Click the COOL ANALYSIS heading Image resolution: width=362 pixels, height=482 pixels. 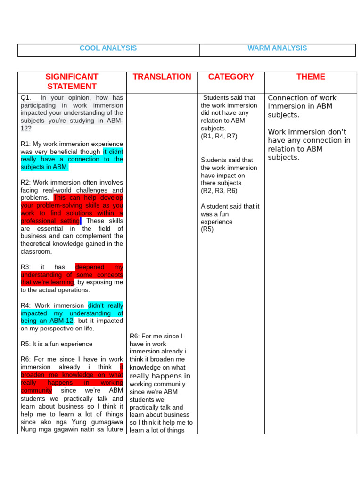tap(108, 48)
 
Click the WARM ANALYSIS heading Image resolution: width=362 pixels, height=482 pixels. tap(277, 48)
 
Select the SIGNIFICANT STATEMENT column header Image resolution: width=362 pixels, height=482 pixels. tap(72, 81)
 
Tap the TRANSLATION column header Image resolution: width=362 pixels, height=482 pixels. tap(162, 77)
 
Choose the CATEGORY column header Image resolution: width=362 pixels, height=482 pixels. tap(231, 77)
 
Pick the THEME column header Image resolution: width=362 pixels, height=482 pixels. tap(311, 77)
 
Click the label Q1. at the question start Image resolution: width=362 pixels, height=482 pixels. tap(25, 98)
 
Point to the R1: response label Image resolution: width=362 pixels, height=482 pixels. tap(26, 144)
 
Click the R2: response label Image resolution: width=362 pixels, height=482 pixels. tap(26, 183)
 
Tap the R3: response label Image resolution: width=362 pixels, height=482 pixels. tap(26, 267)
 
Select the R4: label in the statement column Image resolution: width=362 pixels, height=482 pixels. tap(26, 306)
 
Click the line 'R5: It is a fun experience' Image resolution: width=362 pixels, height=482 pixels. tap(57, 344)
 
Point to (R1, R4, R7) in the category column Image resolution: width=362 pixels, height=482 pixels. tap(219, 137)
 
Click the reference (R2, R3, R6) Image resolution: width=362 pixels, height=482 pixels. tap(219, 191)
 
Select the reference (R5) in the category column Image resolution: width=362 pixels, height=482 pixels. tap(207, 229)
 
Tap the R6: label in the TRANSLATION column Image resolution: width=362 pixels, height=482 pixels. tap(135, 336)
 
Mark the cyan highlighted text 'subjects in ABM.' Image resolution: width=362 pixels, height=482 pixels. tap(44, 167)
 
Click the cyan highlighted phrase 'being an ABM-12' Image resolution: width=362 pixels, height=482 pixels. tap(47, 321)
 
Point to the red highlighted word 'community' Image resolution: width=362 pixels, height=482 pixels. tap(36, 391)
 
